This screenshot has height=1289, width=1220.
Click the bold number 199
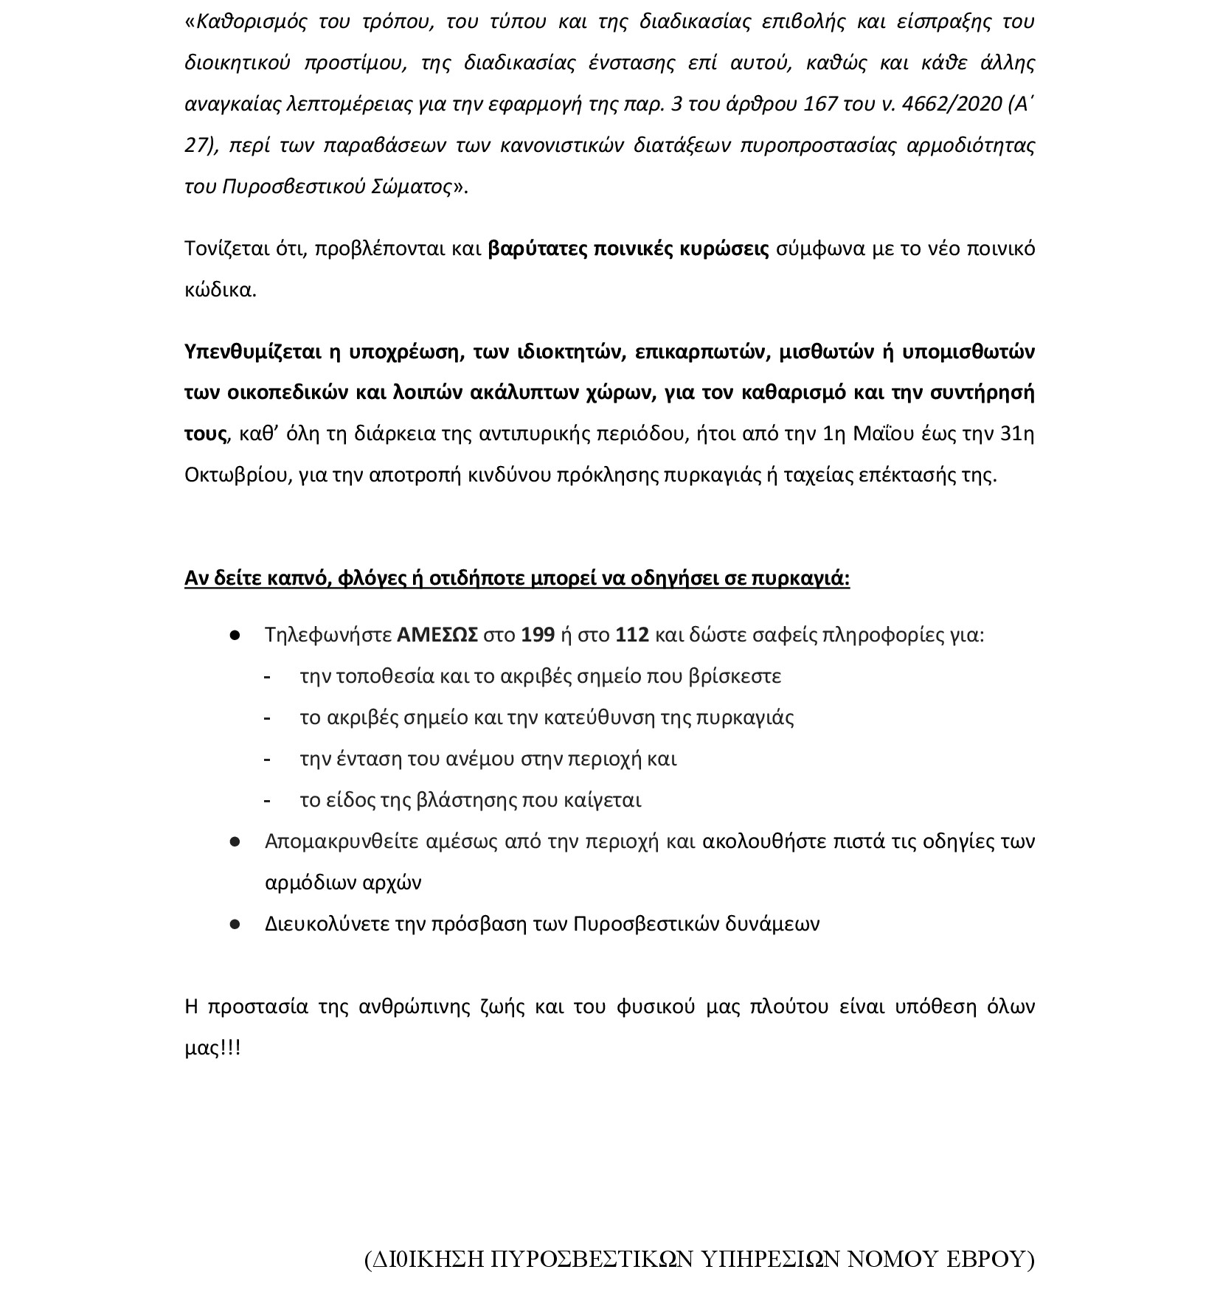click(x=538, y=635)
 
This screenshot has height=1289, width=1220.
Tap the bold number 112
click(x=632, y=635)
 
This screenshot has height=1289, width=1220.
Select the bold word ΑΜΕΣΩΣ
click(x=437, y=635)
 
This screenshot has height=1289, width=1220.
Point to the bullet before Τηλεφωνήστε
click(x=235, y=635)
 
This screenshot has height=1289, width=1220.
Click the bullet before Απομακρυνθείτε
click(x=235, y=841)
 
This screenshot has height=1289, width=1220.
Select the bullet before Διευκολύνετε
click(x=235, y=924)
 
